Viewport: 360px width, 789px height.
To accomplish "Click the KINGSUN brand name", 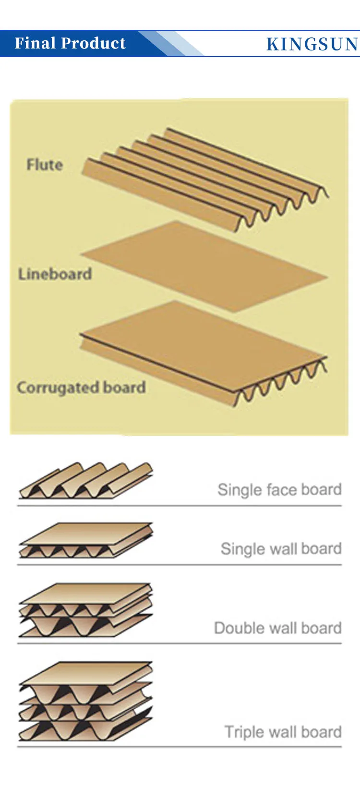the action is point(312,44).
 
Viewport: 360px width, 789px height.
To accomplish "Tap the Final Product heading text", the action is point(70,43).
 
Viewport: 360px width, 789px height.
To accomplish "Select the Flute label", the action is point(45,165).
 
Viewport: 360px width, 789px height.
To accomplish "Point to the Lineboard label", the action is point(55,274).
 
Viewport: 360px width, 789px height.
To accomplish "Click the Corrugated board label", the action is point(81,388).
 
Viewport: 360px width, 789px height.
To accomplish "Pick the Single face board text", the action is point(279,490).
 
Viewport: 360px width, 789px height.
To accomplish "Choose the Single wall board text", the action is point(281,548).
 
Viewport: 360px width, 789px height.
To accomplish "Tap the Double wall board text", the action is point(277,628).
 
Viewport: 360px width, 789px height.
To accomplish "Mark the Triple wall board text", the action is point(283,732).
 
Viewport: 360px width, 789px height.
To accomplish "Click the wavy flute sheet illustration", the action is point(206,178).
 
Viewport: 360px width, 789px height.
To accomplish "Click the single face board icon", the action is point(85,481).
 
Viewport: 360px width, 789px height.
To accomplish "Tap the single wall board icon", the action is point(85,540).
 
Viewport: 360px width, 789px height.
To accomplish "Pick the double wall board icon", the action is point(85,610).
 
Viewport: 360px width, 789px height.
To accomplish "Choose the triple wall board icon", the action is point(85,701).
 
